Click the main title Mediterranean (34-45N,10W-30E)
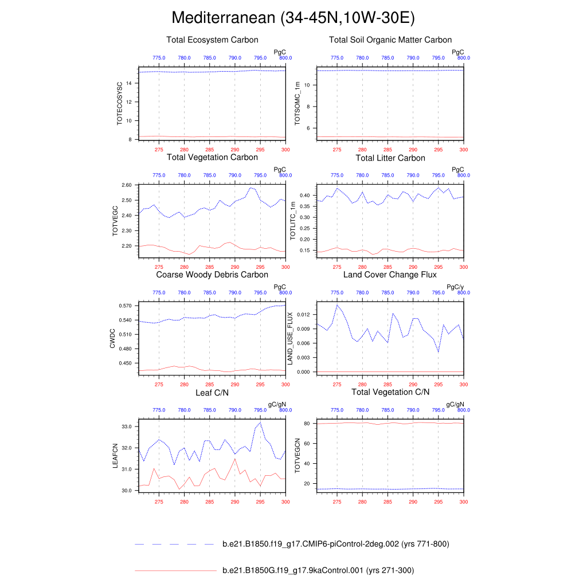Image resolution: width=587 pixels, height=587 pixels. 293,18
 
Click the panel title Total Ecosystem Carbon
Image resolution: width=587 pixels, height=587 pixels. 212,40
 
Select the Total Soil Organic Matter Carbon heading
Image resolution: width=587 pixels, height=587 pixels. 390,40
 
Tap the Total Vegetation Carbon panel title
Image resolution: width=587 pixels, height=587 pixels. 212,157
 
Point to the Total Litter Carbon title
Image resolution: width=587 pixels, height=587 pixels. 390,158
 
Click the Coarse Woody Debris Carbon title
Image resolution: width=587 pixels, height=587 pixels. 212,275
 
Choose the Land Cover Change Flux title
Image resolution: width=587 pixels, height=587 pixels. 390,275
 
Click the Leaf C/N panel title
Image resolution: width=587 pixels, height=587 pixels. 212,392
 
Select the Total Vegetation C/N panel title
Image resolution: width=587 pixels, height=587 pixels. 390,392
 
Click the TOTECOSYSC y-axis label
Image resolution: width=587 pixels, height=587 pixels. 120,104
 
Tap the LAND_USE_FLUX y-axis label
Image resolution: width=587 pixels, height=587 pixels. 290,338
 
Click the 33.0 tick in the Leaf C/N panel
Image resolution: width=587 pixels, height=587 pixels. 127,426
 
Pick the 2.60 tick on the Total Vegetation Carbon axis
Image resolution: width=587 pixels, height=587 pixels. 127,185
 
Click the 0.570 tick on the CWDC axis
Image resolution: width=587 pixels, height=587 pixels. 126,306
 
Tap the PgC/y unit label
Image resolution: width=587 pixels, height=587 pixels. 455,287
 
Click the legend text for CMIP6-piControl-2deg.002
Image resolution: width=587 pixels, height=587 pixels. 335,544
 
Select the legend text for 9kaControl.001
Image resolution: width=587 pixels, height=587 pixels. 318,570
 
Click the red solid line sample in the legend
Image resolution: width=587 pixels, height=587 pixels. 174,570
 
